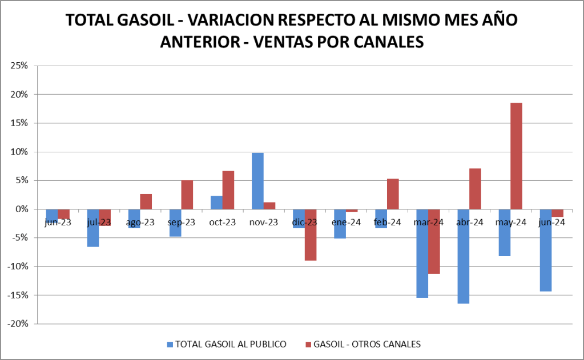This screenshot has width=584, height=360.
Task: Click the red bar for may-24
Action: [x=516, y=156]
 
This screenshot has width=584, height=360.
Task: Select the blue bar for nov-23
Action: [x=257, y=181]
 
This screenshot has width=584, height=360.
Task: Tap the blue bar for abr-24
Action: [x=463, y=256]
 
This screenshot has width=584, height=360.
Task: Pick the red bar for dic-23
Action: [x=311, y=234]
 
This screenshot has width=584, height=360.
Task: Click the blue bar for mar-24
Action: [x=422, y=253]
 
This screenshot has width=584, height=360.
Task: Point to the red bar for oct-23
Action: [x=228, y=190]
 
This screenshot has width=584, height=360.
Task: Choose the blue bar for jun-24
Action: [x=545, y=250]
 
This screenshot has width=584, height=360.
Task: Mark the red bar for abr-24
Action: [x=475, y=189]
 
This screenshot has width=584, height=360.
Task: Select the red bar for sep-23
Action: [x=187, y=195]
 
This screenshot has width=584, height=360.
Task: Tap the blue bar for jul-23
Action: [x=93, y=228]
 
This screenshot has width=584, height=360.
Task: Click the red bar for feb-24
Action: [x=393, y=194]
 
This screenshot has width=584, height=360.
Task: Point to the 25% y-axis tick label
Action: [x=19, y=66]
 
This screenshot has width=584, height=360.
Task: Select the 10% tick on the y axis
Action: [x=19, y=152]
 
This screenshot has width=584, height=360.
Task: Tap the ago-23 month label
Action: [x=140, y=223]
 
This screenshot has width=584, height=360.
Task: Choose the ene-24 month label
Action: [x=346, y=223]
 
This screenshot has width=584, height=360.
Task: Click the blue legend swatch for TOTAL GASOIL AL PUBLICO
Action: [x=169, y=345]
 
